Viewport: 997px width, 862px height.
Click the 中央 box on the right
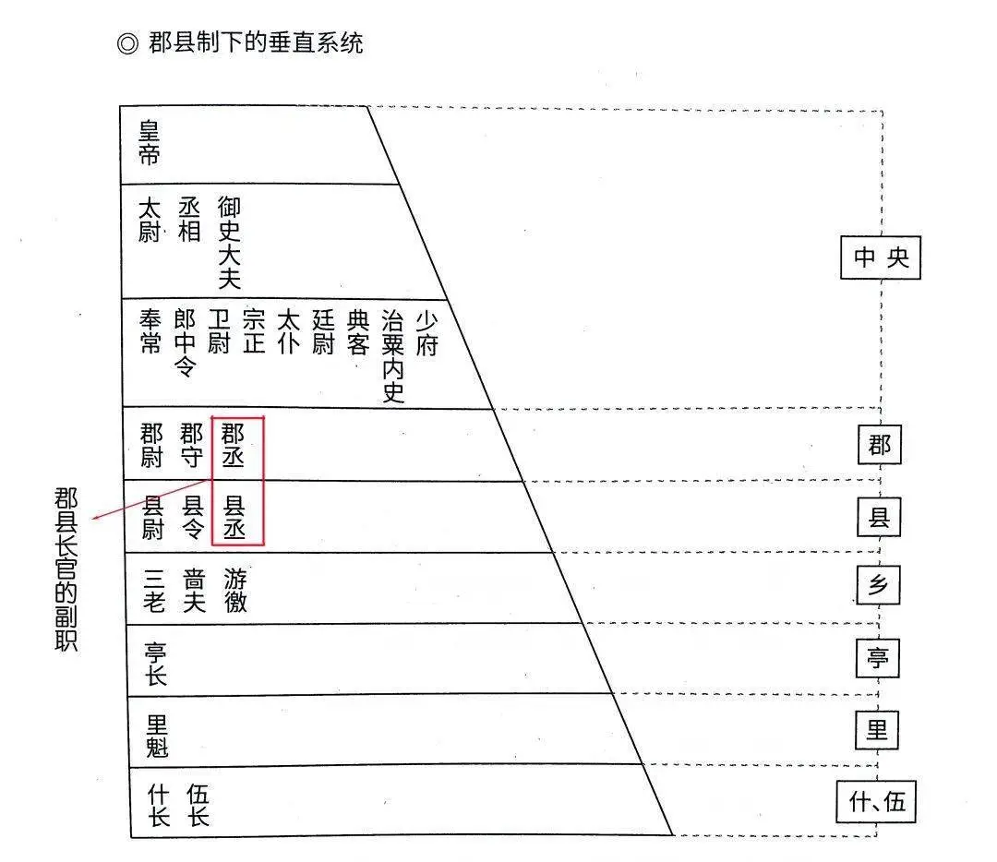tap(881, 257)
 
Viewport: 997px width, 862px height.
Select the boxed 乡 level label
tap(878, 585)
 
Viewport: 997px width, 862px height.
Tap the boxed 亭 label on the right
tap(878, 657)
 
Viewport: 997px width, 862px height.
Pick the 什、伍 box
tap(876, 801)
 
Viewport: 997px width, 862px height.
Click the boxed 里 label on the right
tap(877, 729)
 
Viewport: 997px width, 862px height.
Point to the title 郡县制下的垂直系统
tap(256, 43)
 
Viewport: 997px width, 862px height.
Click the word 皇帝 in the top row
tap(149, 144)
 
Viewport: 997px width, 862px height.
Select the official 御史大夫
tap(229, 243)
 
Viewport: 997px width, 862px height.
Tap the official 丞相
tap(189, 220)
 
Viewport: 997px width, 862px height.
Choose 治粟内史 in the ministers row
tap(393, 356)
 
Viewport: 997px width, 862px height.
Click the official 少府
tap(427, 333)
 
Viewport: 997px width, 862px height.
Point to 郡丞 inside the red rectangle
tap(233, 446)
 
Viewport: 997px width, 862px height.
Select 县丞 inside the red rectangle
tap(234, 518)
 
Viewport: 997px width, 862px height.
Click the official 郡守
tap(191, 446)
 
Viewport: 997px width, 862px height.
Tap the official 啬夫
tap(194, 591)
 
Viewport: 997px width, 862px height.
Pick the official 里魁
tap(157, 736)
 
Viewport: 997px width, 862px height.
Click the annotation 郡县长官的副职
tap(66, 569)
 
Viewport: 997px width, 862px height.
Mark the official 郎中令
tap(185, 343)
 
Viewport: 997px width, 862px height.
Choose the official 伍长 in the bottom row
tap(198, 805)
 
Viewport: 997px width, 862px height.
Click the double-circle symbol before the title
tap(127, 44)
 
